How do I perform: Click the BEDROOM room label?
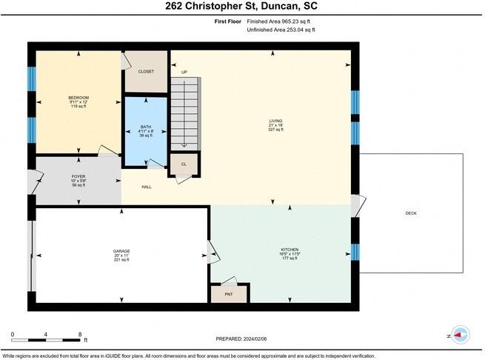click(78, 98)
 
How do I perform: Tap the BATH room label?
click(145, 127)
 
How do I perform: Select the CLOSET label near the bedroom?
click(146, 71)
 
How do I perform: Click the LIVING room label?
click(275, 121)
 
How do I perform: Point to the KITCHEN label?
click(290, 250)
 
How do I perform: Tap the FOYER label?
click(78, 176)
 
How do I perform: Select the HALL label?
click(147, 187)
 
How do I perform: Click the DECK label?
click(411, 213)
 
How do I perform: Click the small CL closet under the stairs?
click(184, 164)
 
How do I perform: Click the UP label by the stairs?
click(184, 72)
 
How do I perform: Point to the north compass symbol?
click(460, 334)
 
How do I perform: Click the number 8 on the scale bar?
click(80, 335)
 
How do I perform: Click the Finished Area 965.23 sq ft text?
click(281, 21)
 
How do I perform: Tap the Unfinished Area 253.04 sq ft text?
click(281, 30)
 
